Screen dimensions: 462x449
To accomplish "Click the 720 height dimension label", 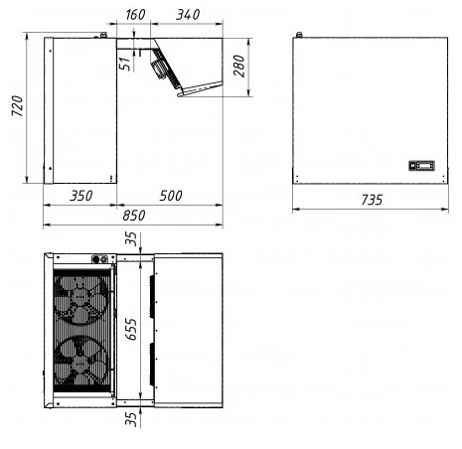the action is point(17,106).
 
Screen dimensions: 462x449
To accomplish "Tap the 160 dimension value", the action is point(135,15).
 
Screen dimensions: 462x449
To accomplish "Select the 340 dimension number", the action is point(188,15).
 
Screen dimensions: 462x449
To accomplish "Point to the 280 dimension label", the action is point(238,66).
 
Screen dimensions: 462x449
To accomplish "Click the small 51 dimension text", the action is point(124,64).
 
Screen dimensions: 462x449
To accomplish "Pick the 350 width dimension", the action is point(80,196).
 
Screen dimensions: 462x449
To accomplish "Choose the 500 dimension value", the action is point(171,196).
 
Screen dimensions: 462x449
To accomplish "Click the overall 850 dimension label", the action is point(134,216).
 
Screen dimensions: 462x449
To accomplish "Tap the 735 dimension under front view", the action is point(372,200).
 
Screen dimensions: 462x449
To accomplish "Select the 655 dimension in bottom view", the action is point(131,329).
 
